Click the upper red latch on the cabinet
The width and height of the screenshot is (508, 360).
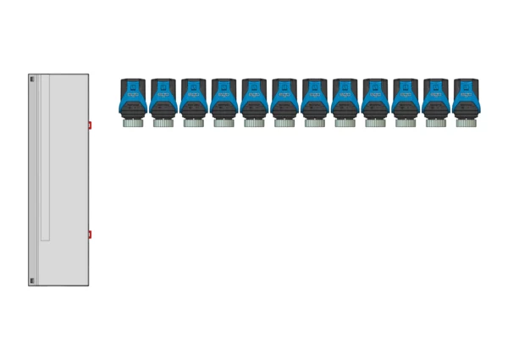pos(90,125)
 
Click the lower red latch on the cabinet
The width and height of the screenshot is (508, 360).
pos(90,235)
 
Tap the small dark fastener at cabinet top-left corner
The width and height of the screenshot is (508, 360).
pos(32,80)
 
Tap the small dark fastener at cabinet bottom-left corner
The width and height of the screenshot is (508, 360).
pos(32,280)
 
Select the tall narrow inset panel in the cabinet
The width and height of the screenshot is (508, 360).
pos(45,158)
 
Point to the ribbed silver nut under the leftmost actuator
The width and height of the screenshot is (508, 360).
pos(133,123)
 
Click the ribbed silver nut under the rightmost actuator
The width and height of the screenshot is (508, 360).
pos(466,123)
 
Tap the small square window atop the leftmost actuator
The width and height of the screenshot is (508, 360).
pos(133,86)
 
